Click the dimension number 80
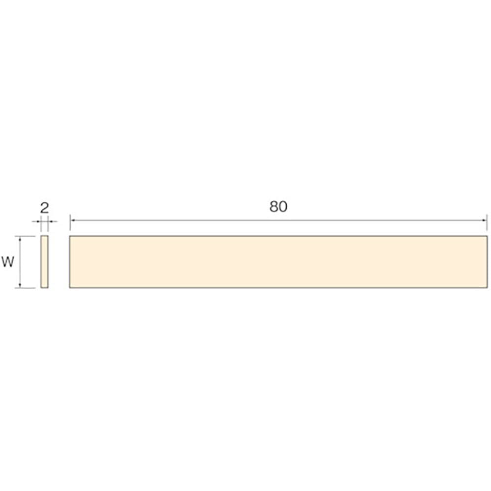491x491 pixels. click(x=278, y=207)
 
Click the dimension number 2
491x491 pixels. click(x=45, y=208)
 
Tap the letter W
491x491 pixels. click(x=7, y=262)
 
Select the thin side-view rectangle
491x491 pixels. click(x=45, y=262)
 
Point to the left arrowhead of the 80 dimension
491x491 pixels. click(x=72, y=221)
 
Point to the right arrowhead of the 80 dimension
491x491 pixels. click(x=485, y=221)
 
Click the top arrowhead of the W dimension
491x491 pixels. click(x=20, y=238)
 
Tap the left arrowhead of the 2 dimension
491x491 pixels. click(x=39, y=221)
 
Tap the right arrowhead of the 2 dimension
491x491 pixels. click(x=50, y=221)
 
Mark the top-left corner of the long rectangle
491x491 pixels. click(x=70, y=236)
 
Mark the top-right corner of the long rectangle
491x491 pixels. click(x=487, y=236)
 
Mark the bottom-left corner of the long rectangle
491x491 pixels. click(x=70, y=288)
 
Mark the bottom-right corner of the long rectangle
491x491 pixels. click(x=487, y=288)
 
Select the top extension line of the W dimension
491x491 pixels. click(x=27, y=236)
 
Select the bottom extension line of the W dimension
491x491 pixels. click(x=27, y=288)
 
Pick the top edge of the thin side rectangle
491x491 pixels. click(x=45, y=236)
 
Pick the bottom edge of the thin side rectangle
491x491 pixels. click(x=45, y=288)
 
